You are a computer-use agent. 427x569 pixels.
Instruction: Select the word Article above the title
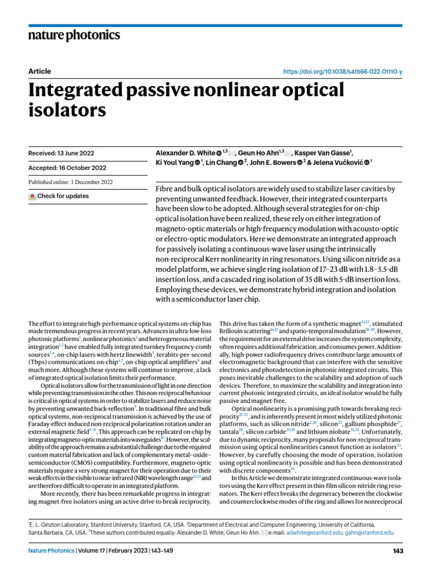tap(39, 71)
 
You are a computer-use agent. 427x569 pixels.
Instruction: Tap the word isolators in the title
tap(67, 111)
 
